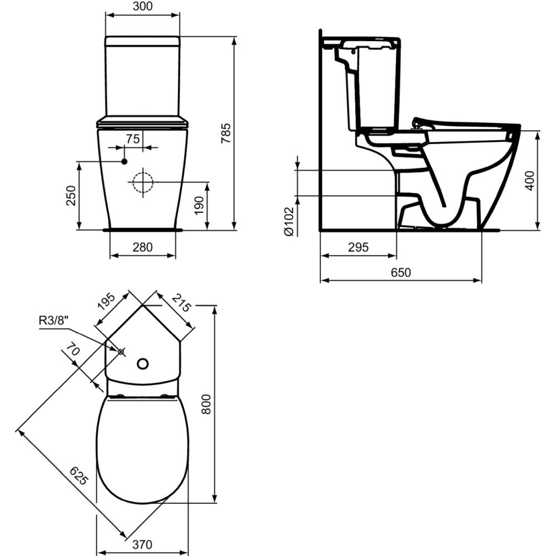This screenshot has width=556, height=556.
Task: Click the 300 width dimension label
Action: [x=142, y=6]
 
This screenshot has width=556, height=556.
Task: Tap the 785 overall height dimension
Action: [x=226, y=133]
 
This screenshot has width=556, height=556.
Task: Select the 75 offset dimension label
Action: [x=133, y=138]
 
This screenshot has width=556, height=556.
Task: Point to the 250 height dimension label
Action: [x=71, y=195]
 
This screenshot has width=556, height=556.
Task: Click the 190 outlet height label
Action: [x=199, y=205]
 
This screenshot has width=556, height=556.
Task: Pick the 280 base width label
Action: [x=142, y=247]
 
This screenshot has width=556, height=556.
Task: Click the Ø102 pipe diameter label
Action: [x=289, y=221]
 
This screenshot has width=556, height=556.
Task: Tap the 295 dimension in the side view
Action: [x=358, y=247]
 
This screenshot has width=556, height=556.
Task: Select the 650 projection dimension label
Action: [x=401, y=272]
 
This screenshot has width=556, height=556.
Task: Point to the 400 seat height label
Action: [x=529, y=181]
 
